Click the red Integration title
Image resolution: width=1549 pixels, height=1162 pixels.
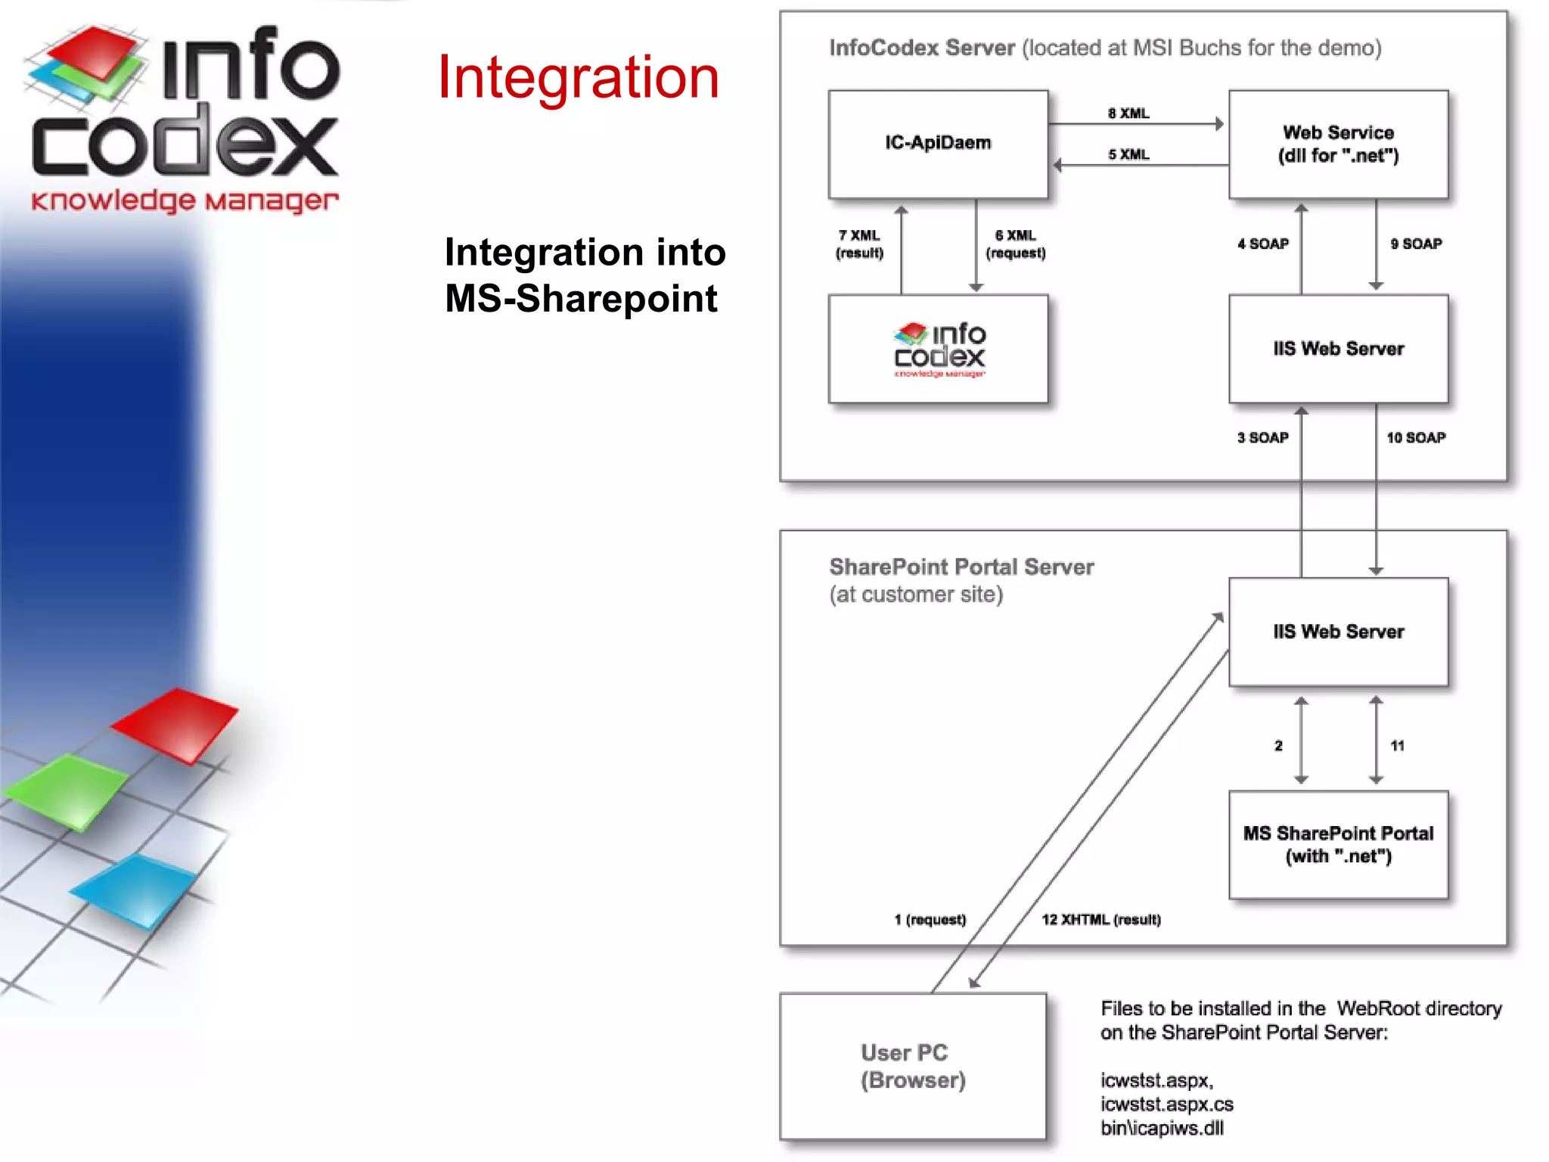579,77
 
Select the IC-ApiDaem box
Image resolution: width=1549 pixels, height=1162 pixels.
938,144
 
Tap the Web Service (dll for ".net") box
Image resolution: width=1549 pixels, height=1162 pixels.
1338,144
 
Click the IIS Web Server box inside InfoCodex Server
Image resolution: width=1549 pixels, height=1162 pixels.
1338,349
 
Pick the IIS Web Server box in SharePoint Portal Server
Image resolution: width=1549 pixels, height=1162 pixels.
1338,632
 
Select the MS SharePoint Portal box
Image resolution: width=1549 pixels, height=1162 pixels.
1338,844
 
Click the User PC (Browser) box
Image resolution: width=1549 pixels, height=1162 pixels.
913,1066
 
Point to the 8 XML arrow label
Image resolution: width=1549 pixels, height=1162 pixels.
1128,113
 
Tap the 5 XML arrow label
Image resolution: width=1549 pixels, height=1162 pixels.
1128,154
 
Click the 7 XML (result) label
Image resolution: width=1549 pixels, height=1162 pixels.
859,244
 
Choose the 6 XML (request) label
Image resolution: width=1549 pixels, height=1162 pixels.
1016,244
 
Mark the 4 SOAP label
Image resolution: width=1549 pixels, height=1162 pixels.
1263,244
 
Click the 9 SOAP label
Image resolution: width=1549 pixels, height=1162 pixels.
1416,244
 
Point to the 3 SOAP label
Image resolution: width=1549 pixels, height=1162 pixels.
1263,437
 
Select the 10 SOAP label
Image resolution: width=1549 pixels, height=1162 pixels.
1416,437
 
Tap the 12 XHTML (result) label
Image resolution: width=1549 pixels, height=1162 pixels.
1101,919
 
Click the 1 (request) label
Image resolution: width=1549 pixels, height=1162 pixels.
930,919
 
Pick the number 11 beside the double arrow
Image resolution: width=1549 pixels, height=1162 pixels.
1397,745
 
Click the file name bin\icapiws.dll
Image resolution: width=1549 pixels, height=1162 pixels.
1162,1128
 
